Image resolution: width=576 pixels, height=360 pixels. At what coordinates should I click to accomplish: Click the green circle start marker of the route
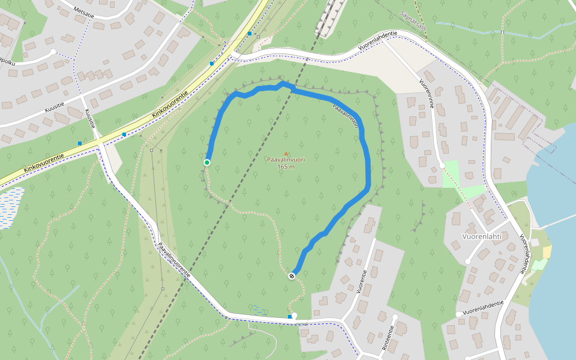tap(207, 163)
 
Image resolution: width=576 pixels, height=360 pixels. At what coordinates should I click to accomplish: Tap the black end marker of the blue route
tap(292, 276)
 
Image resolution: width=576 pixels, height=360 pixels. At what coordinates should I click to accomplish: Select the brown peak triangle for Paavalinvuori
tap(286, 153)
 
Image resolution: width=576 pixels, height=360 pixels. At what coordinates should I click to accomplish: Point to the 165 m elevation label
tap(286, 167)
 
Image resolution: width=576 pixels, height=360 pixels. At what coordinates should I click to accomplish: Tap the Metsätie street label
tap(83, 13)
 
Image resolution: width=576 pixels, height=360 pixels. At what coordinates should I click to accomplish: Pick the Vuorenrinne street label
tap(427, 92)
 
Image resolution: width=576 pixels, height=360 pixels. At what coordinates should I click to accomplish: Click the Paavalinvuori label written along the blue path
tap(346, 116)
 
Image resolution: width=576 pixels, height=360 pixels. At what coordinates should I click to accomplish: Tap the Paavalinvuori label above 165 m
tap(286, 160)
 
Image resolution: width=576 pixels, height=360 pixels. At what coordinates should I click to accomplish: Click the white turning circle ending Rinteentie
tap(395, 317)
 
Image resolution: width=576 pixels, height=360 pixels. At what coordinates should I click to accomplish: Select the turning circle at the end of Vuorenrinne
tap(442, 165)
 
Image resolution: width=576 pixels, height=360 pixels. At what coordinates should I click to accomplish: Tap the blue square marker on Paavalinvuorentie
tap(290, 316)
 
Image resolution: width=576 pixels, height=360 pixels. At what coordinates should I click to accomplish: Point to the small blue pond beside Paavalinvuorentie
tap(260, 311)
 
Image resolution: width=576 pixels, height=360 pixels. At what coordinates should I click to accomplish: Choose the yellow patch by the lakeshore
tap(547, 251)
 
